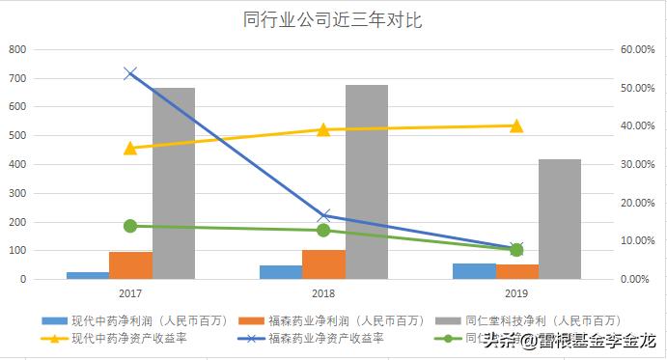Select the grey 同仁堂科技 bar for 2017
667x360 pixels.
tap(174, 183)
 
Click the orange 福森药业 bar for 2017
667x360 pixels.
tap(130, 265)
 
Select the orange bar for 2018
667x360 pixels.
tap(323, 264)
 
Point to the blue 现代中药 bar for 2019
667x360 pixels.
tap(474, 271)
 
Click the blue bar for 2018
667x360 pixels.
tap(281, 272)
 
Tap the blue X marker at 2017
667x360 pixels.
tap(130, 73)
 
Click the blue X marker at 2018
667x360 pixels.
tap(324, 216)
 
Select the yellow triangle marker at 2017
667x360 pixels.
tap(130, 148)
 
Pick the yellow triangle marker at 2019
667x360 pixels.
tap(517, 125)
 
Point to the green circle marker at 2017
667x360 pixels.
tap(130, 226)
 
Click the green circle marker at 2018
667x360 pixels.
tap(324, 231)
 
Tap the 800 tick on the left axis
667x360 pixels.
tap(17, 49)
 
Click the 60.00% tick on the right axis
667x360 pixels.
tap(638, 49)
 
